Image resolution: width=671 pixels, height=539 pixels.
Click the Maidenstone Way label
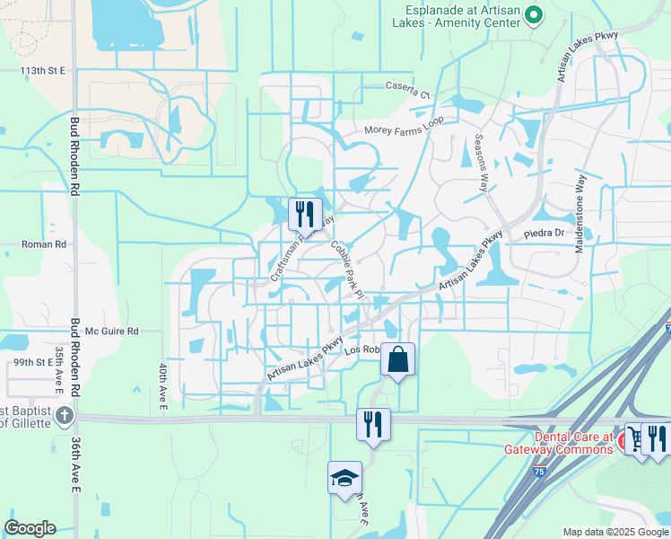pyautogui.click(x=579, y=214)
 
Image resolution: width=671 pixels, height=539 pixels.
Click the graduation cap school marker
pyautogui.click(x=344, y=478)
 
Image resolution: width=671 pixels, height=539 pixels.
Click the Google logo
pyautogui.click(x=30, y=528)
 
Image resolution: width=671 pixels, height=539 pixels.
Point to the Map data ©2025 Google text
pyautogui.click(x=615, y=532)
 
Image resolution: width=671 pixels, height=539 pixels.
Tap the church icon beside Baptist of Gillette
pyautogui.click(x=63, y=416)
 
